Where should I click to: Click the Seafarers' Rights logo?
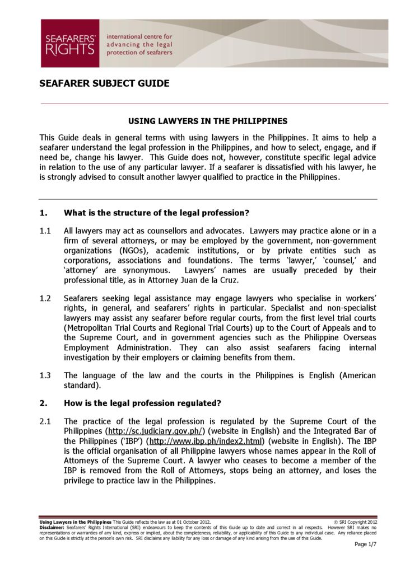(69, 44)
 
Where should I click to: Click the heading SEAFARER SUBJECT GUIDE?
(104, 84)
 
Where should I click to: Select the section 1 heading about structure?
(156, 213)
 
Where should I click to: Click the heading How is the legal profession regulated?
(142, 403)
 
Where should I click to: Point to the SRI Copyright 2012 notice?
(355, 522)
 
